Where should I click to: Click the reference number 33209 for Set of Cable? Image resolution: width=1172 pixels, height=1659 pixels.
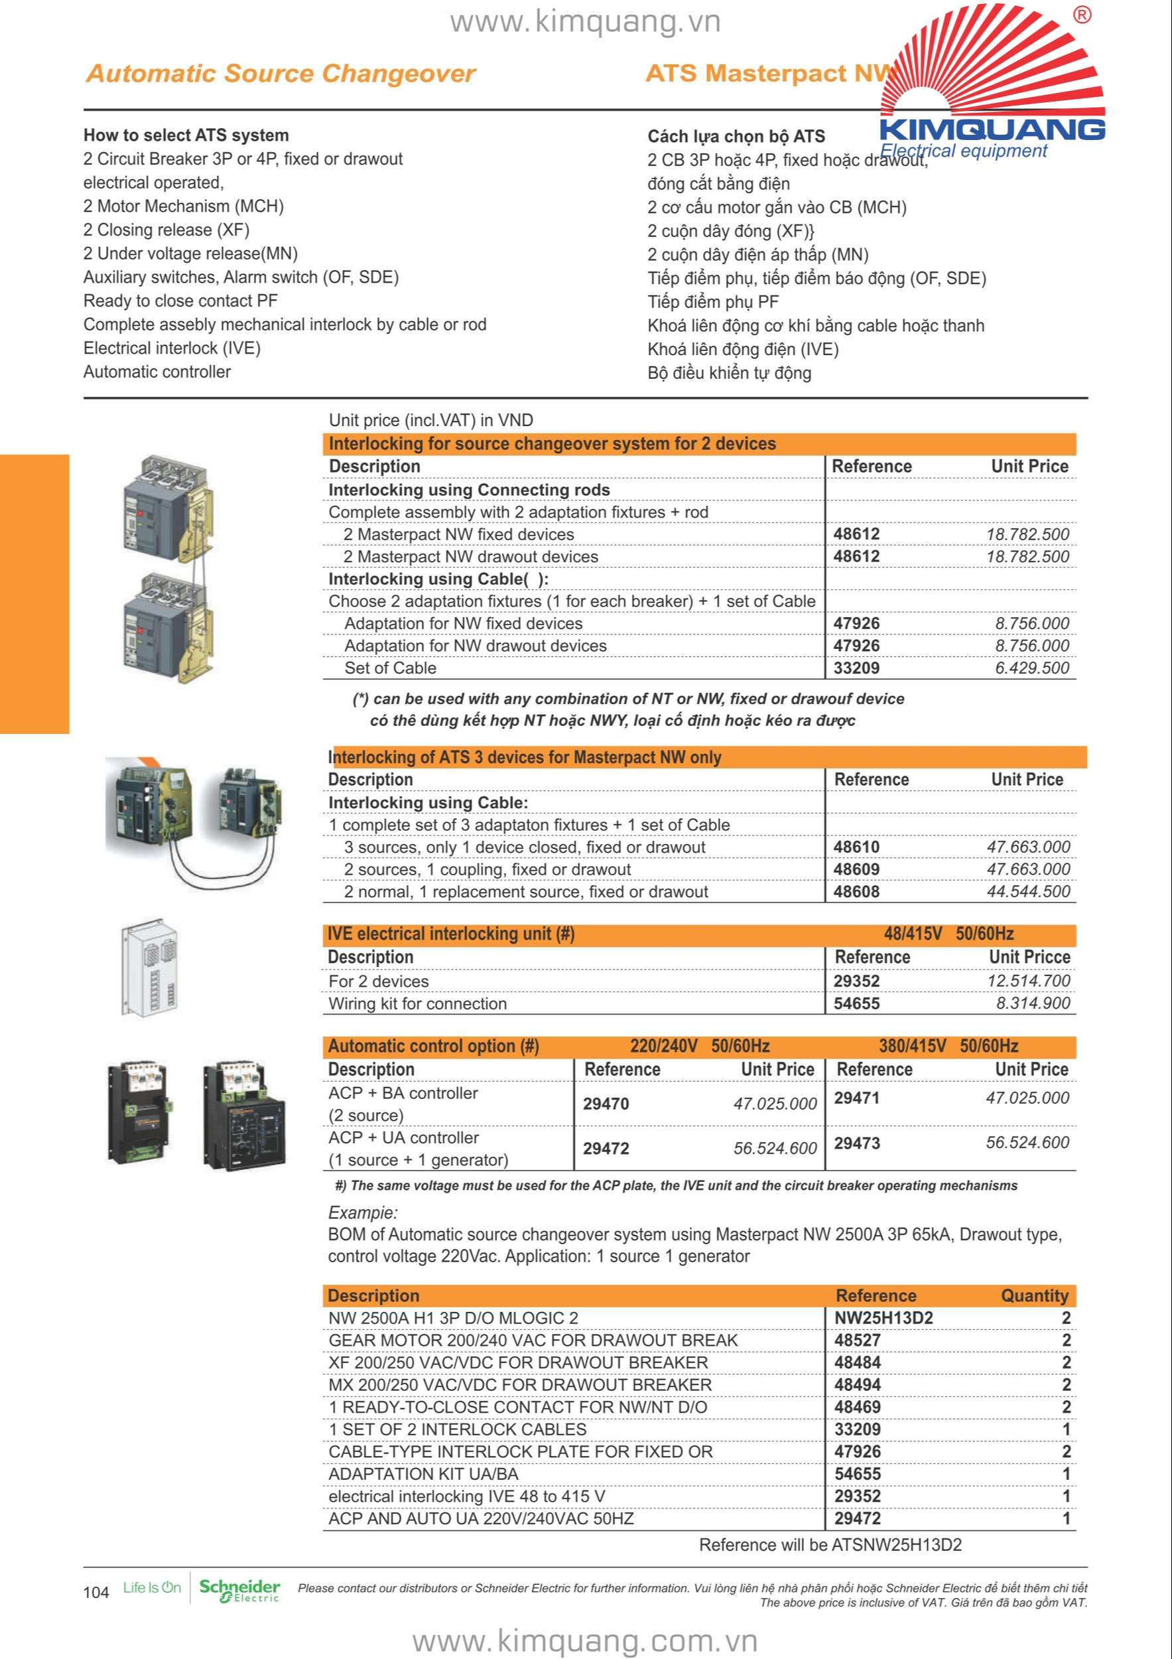tap(856, 668)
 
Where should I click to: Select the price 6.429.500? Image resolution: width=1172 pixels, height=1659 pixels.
tap(1032, 668)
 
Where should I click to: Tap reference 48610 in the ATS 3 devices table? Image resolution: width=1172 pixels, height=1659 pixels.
tap(856, 847)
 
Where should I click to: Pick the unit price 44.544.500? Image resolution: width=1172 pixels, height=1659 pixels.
tap(1028, 892)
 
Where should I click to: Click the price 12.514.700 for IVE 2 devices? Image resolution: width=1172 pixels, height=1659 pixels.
tap(1028, 981)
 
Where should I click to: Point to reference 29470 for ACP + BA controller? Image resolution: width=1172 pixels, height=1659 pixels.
tap(606, 1104)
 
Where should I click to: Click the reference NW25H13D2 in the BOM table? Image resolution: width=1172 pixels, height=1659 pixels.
tap(883, 1318)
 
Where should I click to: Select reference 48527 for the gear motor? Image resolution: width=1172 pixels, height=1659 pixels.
tap(857, 1340)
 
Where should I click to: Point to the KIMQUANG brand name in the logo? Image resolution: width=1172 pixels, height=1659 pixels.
tap(992, 130)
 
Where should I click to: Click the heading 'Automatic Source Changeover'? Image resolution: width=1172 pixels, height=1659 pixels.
tap(281, 74)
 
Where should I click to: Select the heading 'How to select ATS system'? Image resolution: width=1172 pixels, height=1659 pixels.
tap(186, 135)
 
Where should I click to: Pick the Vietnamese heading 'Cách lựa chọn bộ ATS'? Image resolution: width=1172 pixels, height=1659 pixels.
tap(736, 137)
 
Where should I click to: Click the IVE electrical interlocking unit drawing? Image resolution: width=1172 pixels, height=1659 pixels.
tap(150, 968)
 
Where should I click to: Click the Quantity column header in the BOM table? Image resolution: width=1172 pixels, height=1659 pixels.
tap(1034, 1295)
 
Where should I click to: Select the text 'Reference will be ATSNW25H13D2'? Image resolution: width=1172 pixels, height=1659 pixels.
tap(830, 1545)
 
